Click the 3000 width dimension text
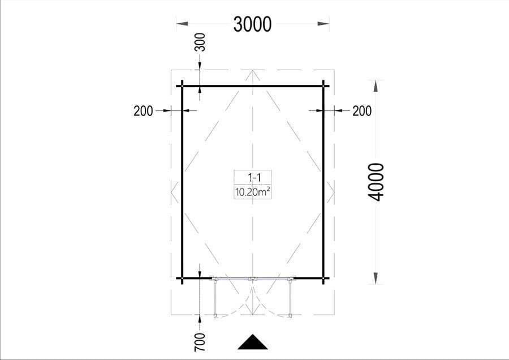[x=252, y=24]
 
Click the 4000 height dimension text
[x=376, y=182]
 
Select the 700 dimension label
[x=200, y=342]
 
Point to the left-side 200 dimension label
[x=143, y=111]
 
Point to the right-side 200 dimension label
[x=362, y=111]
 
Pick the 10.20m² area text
[x=253, y=192]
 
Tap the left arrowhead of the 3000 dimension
[x=182, y=24]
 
